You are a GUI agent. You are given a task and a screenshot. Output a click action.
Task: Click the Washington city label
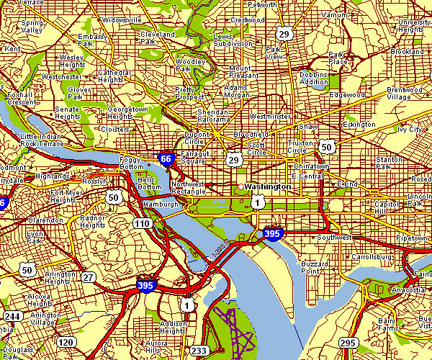click(268, 186)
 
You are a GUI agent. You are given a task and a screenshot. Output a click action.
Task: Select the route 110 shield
click(141, 224)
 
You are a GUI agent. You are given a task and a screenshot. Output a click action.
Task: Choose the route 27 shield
click(88, 276)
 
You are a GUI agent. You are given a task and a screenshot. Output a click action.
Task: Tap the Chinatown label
click(310, 166)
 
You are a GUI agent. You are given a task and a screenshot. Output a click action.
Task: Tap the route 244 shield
click(12, 316)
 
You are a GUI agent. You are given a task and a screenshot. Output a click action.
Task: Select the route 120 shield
click(66, 341)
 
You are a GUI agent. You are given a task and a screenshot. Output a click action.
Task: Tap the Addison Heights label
click(174, 327)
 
